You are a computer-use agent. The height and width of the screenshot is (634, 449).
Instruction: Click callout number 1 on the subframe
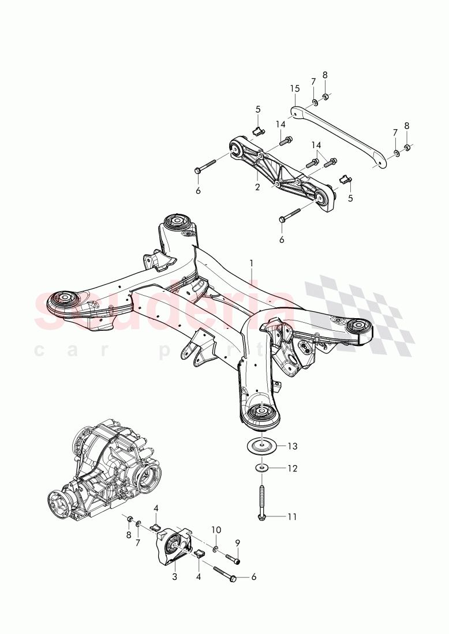[x=251, y=262]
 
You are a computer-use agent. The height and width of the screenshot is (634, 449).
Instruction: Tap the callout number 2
[x=258, y=187]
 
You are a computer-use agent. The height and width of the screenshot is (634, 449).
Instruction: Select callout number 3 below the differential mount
[x=175, y=576]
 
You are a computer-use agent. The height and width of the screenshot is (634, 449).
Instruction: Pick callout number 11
[x=291, y=516]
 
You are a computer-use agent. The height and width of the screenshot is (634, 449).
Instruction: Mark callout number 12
[x=292, y=469]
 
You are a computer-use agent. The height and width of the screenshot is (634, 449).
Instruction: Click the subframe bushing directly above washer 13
[x=260, y=413]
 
